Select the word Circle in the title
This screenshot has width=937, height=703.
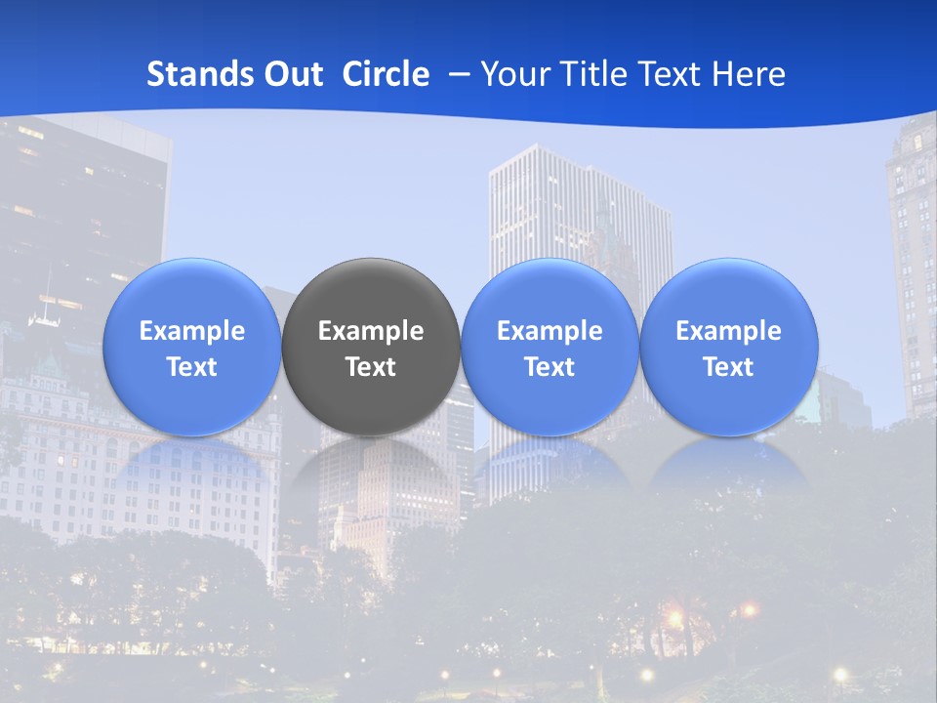[386, 74]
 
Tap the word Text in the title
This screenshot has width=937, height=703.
[663, 74]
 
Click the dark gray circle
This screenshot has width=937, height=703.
[371, 293]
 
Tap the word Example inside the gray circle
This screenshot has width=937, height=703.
[371, 331]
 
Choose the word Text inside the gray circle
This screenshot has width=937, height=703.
[371, 367]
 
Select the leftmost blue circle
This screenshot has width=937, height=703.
[191, 293]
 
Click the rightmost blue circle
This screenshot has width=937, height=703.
[729, 293]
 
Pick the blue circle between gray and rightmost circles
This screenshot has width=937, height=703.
[550, 293]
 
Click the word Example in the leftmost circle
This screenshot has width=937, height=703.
[191, 331]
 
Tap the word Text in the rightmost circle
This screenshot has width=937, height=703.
[729, 367]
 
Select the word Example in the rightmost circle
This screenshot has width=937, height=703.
[729, 331]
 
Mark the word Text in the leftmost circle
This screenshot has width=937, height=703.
[191, 367]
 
